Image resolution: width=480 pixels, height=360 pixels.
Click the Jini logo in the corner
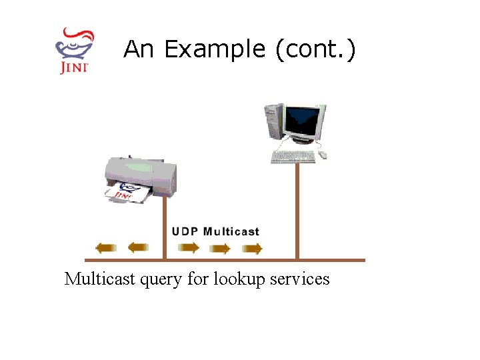tap(75, 50)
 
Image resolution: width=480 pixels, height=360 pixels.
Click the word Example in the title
tap(213, 49)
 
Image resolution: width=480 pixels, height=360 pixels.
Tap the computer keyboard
tap(293, 157)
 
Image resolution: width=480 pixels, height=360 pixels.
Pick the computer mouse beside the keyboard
tap(323, 155)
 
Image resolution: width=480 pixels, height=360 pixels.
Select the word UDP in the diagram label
tap(185, 232)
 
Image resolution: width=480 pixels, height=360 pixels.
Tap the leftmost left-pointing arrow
tap(106, 249)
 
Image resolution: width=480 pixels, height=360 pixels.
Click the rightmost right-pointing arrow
tap(252, 249)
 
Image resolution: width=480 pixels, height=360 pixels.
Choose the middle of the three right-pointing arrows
tap(220, 249)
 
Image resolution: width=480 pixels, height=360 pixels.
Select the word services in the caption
tap(299, 279)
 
